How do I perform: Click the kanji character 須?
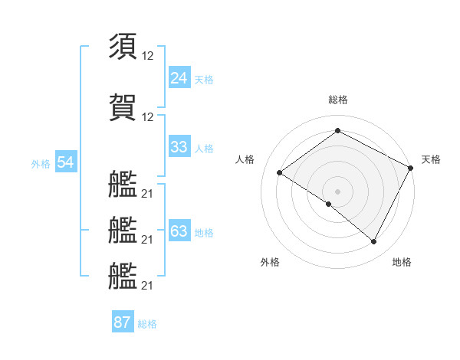[x=123, y=46]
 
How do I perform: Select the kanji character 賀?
[x=123, y=106]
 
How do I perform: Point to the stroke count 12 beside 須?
[x=148, y=56]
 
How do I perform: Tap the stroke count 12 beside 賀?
[x=148, y=116]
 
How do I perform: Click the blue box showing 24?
[x=179, y=77]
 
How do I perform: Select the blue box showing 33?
[x=179, y=147]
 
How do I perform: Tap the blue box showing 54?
[x=65, y=162]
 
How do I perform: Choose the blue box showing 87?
[x=123, y=322]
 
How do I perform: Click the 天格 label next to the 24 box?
[x=203, y=79]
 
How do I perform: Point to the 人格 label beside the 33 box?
[x=203, y=149]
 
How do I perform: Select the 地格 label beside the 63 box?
[x=203, y=233]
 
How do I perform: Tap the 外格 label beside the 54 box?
[x=41, y=164]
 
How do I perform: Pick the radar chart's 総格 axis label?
[x=337, y=100]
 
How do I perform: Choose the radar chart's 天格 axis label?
[x=431, y=159]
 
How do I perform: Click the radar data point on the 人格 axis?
[x=280, y=172]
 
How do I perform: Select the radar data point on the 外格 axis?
[x=329, y=205]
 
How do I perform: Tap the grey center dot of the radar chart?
[x=337, y=191]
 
